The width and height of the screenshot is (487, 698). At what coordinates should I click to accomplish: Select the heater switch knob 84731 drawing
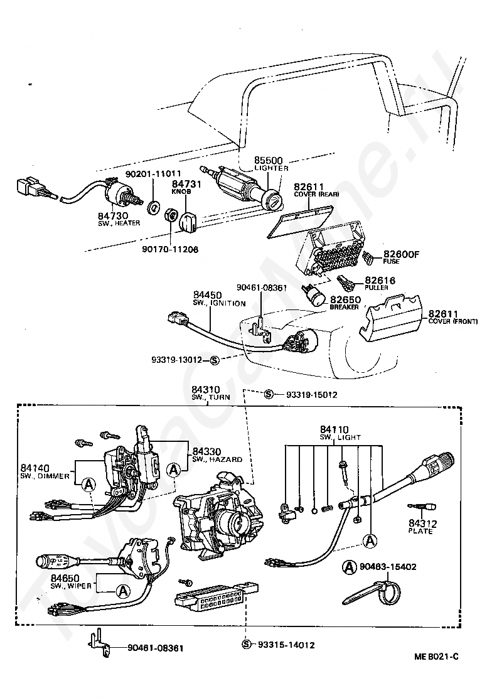point(188,221)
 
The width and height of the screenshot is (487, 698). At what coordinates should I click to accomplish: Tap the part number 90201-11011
point(153,173)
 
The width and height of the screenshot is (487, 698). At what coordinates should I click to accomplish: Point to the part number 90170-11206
point(169,249)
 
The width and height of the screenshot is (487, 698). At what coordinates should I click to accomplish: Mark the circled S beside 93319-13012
point(214,360)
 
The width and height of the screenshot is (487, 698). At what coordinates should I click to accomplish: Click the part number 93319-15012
point(312,395)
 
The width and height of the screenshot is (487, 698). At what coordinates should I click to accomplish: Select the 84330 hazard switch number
point(208,451)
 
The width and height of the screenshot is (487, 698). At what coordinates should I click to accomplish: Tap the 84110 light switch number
point(333,429)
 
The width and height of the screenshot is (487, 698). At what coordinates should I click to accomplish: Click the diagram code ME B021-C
point(436,657)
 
